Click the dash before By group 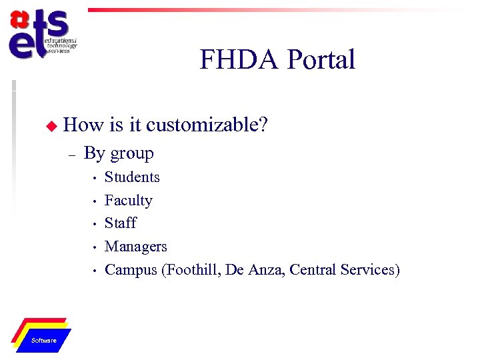71,155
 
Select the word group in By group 132,154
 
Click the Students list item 132,177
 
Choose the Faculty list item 128,201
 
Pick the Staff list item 120,223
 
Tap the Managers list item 135,247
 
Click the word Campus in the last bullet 131,270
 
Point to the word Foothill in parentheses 191,270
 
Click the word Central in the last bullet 313,270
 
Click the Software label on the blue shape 44,341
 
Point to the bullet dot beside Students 95,178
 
